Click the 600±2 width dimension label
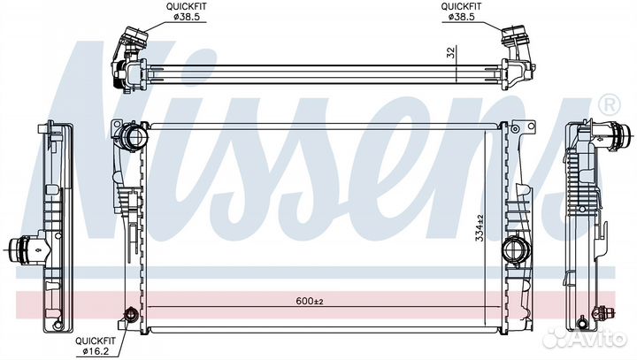click(x=310, y=301)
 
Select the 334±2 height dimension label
click(x=480, y=228)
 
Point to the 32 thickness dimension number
click(x=451, y=52)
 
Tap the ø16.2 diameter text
click(x=96, y=351)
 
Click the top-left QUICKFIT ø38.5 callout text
click(x=187, y=11)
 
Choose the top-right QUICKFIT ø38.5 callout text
click(x=462, y=11)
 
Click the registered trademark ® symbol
click(x=610, y=104)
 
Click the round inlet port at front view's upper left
click(x=134, y=137)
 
